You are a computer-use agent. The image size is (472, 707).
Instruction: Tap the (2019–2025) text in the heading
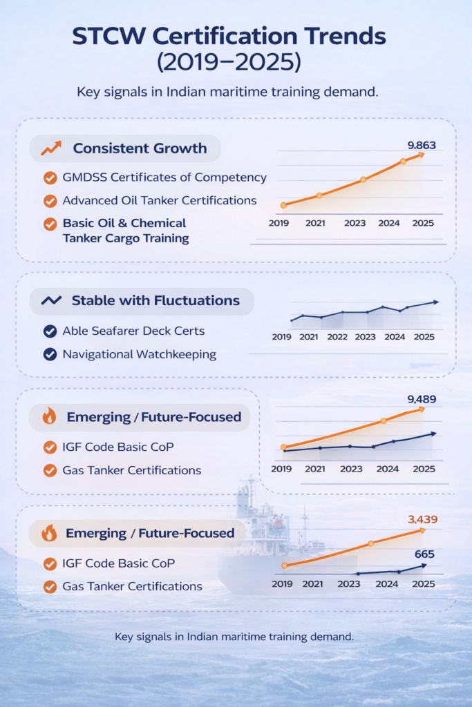pyautogui.click(x=236, y=62)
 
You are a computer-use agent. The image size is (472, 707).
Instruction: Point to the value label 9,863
pyautogui.click(x=422, y=145)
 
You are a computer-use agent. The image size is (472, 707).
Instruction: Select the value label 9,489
pyautogui.click(x=422, y=398)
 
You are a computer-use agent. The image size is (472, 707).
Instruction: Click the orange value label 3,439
pyautogui.click(x=423, y=519)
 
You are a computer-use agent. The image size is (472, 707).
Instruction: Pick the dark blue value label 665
pyautogui.click(x=424, y=554)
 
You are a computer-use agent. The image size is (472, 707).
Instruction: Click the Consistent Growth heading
pyautogui.click(x=140, y=148)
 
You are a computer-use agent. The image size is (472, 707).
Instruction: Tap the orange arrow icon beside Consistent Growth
pyautogui.click(x=50, y=148)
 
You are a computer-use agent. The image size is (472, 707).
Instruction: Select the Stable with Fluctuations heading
pyautogui.click(x=155, y=300)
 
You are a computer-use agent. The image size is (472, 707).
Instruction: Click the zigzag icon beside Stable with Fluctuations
pyautogui.click(x=51, y=300)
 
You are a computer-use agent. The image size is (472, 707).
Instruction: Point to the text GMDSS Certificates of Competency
pyautogui.click(x=164, y=177)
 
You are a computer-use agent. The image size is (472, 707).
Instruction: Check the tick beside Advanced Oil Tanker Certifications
pyautogui.click(x=50, y=201)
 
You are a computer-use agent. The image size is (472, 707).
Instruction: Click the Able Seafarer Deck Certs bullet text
pyautogui.click(x=133, y=331)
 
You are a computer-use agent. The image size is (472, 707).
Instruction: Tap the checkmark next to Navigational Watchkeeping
pyautogui.click(x=50, y=354)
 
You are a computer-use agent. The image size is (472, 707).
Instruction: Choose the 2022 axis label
pyautogui.click(x=337, y=337)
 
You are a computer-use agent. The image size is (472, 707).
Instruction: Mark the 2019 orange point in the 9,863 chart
pyautogui.click(x=283, y=205)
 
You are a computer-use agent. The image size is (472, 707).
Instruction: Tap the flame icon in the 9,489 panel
pyautogui.click(x=50, y=416)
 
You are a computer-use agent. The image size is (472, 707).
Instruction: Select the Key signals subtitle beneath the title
pyautogui.click(x=236, y=93)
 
